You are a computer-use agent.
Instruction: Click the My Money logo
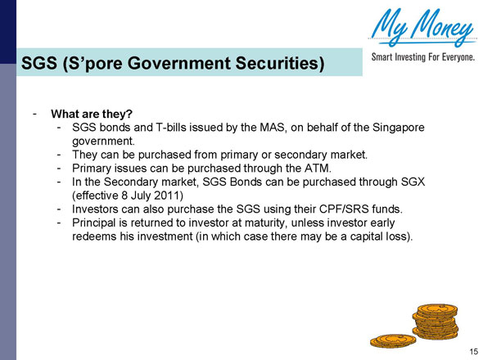pyautogui.click(x=422, y=29)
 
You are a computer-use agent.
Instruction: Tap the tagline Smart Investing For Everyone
pyautogui.click(x=422, y=58)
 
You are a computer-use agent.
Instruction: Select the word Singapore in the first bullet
pyautogui.click(x=398, y=128)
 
